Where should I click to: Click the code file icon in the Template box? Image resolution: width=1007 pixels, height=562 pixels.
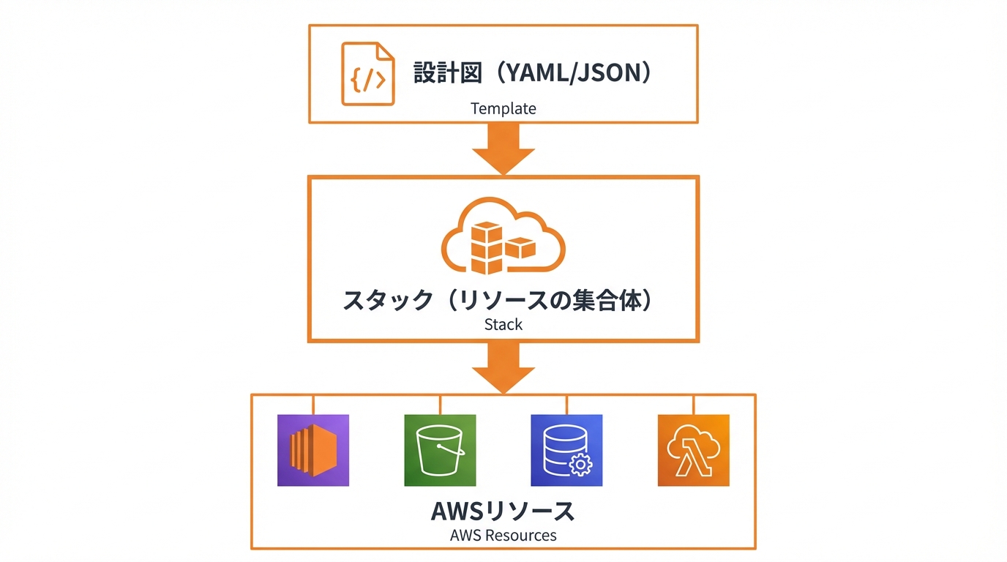tap(367, 74)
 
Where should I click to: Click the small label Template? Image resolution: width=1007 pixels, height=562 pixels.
tap(503, 109)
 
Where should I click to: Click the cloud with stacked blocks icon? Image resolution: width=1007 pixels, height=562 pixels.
tap(503, 236)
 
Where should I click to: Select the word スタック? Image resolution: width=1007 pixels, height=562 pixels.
tap(388, 300)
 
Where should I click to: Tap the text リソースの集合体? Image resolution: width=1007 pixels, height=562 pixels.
tap(549, 300)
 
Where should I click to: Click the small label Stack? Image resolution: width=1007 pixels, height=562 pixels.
tap(503, 324)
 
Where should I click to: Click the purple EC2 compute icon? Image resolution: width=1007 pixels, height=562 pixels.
tap(313, 450)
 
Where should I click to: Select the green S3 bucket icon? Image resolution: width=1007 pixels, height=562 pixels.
tap(440, 450)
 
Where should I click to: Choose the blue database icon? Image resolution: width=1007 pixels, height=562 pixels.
tap(566, 450)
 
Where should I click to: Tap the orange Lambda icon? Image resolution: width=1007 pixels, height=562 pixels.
tap(693, 450)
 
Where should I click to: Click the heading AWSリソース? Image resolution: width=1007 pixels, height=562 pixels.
tap(503, 511)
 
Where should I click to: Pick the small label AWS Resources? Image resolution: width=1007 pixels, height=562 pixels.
tap(503, 535)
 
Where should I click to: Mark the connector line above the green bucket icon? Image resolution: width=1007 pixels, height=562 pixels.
tap(440, 405)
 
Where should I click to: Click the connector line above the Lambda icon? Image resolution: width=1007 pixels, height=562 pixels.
tap(694, 405)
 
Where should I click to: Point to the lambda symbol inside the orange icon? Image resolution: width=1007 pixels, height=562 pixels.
tap(686, 460)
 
